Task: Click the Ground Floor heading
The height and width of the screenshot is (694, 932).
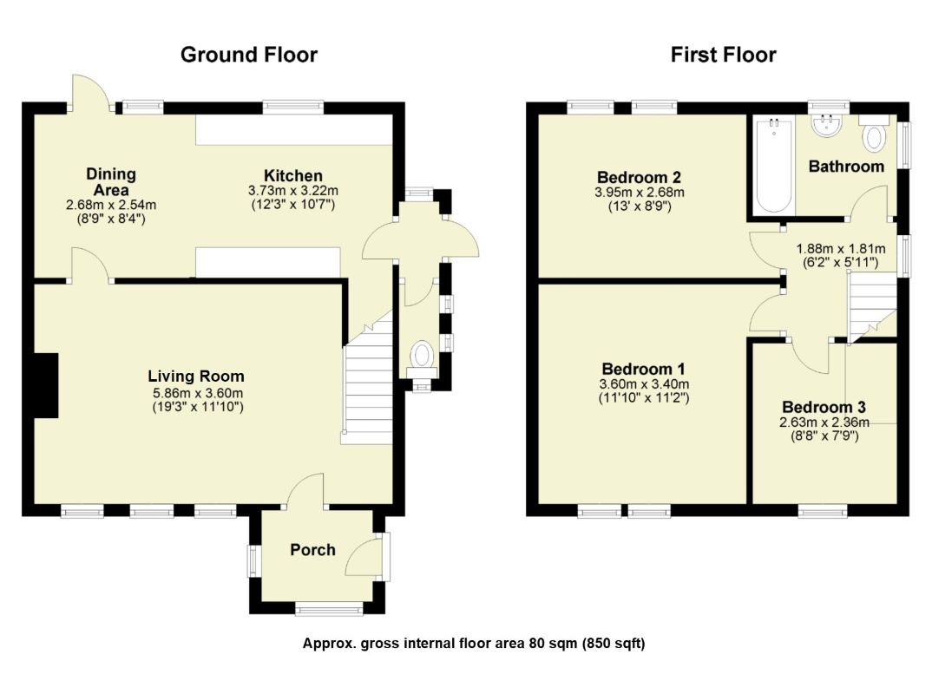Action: [249, 56]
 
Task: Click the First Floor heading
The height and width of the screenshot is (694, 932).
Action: [723, 56]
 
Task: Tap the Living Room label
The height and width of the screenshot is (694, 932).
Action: [196, 376]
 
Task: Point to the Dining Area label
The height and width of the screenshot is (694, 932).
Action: [111, 182]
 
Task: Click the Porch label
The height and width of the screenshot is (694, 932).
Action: [312, 550]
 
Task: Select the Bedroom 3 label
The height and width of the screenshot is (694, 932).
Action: [824, 407]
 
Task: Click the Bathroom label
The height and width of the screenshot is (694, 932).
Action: [846, 167]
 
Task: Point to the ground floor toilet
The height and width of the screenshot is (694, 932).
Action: [423, 355]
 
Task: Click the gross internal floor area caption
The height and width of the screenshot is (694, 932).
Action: [474, 644]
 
